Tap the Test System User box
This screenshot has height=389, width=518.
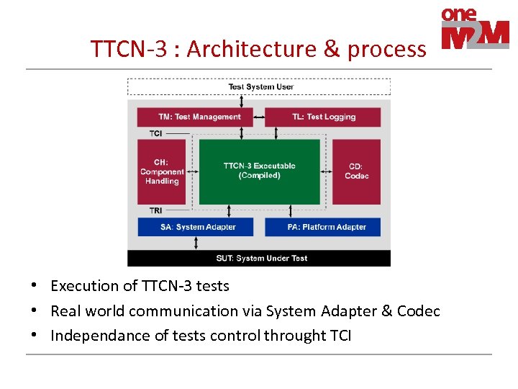pyautogui.click(x=259, y=87)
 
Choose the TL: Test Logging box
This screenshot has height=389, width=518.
pyautogui.click(x=322, y=117)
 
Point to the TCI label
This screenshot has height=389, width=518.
pyautogui.click(x=156, y=133)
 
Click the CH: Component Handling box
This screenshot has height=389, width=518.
pyautogui.click(x=161, y=171)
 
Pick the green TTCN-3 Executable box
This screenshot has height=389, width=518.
pyautogui.click(x=259, y=171)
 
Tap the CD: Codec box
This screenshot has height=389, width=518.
pyautogui.click(x=356, y=171)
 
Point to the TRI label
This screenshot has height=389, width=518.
pyautogui.click(x=156, y=210)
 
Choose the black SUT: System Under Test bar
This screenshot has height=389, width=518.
pyautogui.click(x=259, y=258)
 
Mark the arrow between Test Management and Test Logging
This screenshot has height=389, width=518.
pyautogui.click(x=259, y=117)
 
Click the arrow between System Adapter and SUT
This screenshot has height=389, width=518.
pyautogui.click(x=196, y=243)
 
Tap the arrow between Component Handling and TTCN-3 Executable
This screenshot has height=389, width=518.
pyautogui.click(x=192, y=171)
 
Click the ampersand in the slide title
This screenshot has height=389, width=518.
pyautogui.click(x=331, y=49)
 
